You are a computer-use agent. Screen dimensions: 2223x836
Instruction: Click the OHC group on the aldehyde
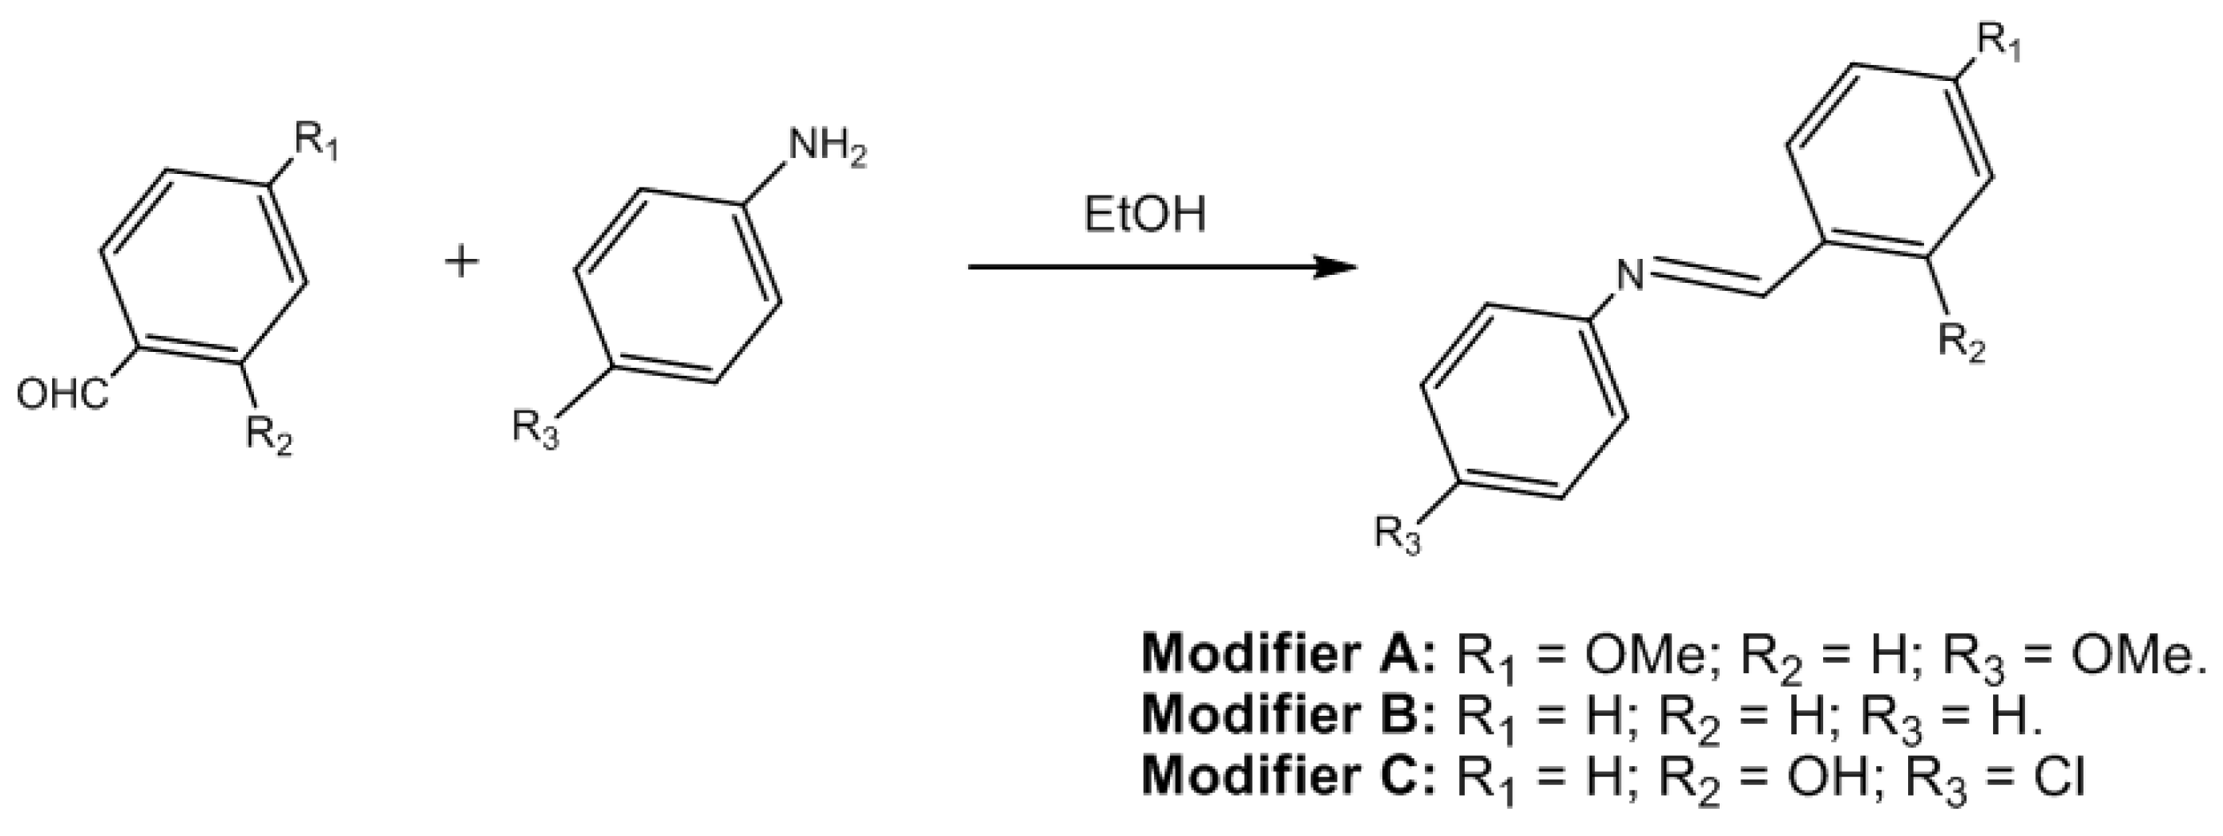(63, 398)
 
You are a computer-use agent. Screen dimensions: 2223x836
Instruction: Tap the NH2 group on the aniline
(826, 151)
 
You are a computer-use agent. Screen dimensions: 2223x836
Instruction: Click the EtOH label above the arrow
(1144, 216)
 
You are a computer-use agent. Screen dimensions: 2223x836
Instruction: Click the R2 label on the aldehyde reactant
(268, 434)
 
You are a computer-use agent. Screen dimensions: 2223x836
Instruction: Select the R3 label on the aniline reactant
(535, 429)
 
